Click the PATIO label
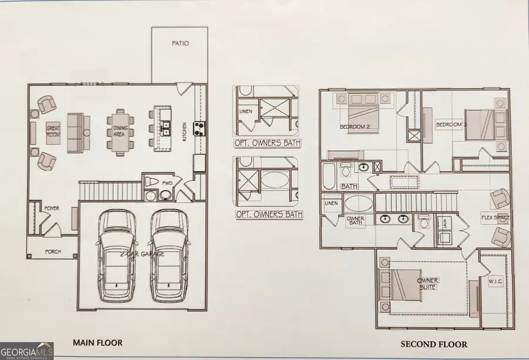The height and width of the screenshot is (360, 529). (180, 44)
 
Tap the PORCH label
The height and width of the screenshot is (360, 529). (53, 252)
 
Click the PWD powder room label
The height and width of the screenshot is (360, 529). (168, 184)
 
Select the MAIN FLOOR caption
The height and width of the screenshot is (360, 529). (98, 342)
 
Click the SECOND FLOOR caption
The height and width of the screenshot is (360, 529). (434, 344)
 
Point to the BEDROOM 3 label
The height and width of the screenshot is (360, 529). (451, 125)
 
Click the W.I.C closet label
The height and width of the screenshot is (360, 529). (495, 281)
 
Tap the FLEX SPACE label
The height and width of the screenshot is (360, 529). (495, 218)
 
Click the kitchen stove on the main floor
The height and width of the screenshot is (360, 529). (199, 128)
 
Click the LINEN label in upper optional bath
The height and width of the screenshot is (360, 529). (245, 111)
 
